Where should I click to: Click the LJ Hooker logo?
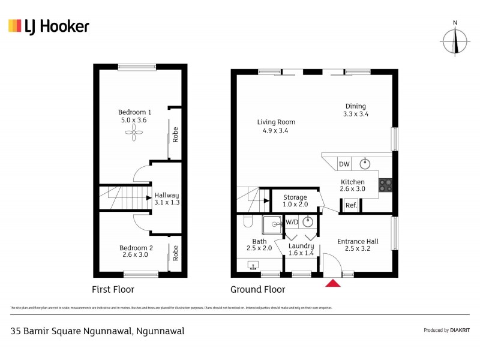tap(49, 26)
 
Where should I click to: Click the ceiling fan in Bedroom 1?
tap(133, 137)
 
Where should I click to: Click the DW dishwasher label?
tap(344, 164)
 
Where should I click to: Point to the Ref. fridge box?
tap(351, 206)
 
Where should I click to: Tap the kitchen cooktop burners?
tap(385, 186)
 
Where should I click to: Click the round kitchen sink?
tap(364, 163)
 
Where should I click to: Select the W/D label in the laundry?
tap(292, 222)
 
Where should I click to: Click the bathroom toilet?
tap(247, 223)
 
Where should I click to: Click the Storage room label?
tap(295, 197)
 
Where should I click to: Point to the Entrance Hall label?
tap(358, 241)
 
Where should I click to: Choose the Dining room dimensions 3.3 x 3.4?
tap(355, 113)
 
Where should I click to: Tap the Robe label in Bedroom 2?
tap(175, 254)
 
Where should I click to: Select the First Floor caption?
tap(112, 289)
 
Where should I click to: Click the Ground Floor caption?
tap(258, 289)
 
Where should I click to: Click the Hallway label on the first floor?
tap(167, 195)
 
